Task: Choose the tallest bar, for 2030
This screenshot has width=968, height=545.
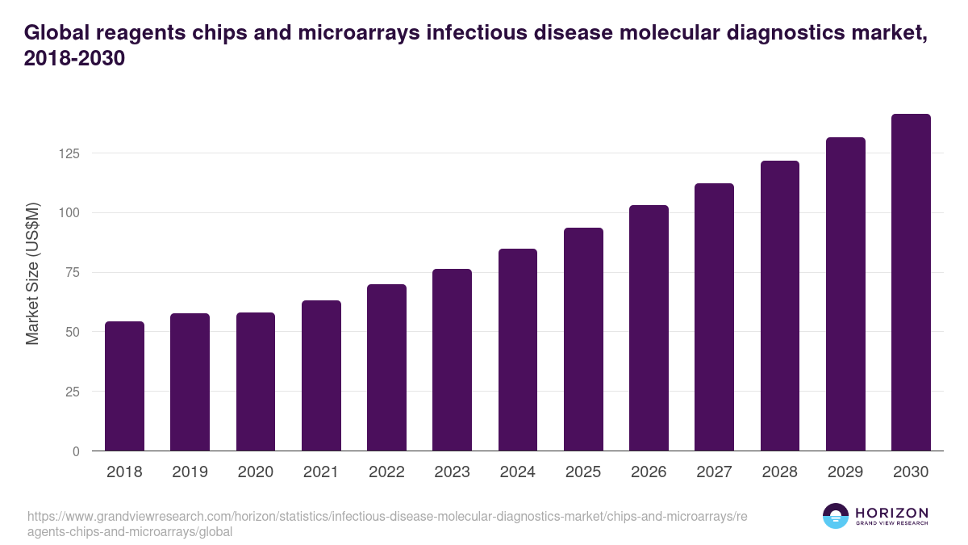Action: coord(911,283)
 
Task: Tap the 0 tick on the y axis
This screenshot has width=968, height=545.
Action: coord(76,451)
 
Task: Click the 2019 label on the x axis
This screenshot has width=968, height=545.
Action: coord(190,472)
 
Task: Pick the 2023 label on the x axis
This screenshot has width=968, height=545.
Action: coord(452,472)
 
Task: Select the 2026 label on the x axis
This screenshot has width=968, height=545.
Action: coord(649,472)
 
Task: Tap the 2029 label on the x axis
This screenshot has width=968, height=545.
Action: coord(845,472)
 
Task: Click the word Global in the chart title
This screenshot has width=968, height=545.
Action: coord(55,33)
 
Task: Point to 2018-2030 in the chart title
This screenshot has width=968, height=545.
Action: coord(74,60)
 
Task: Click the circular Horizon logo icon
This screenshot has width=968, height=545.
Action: coord(836,516)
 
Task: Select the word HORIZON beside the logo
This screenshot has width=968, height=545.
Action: coord(891,512)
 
